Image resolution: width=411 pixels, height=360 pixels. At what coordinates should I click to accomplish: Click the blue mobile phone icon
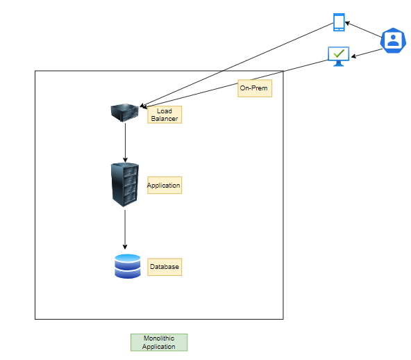coord(339,22)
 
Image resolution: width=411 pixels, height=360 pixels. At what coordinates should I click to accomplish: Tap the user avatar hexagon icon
coord(393,40)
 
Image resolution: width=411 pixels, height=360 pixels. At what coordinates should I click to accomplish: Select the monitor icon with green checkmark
coord(338,56)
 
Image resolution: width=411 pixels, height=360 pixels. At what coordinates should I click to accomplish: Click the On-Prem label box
coord(255,88)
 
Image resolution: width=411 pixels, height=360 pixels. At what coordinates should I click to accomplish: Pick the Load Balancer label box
coord(165,115)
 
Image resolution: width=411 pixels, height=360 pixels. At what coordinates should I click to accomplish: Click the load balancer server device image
coord(124,113)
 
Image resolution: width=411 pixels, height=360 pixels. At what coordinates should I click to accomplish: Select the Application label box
coord(165,186)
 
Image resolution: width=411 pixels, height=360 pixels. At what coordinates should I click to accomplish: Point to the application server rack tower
coord(125,184)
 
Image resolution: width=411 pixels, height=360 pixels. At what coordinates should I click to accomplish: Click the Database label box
coord(165,267)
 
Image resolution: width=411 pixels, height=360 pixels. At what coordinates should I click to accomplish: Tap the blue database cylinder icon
coord(128,266)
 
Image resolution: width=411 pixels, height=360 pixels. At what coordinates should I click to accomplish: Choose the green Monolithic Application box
coord(159,343)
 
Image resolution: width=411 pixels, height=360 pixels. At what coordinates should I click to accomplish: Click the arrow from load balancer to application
coord(125,142)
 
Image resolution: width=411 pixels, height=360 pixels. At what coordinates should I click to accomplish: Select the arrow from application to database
coord(125,229)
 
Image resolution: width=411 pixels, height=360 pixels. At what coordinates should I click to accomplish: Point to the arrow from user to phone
coord(363,30)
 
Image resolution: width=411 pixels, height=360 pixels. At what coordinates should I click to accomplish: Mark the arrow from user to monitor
coord(367,53)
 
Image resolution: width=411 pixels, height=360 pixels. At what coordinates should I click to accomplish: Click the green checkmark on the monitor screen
coord(339,54)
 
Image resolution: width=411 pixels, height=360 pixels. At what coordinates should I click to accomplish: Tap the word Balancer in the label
coord(165,119)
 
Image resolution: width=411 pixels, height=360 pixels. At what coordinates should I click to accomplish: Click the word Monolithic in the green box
coord(159,338)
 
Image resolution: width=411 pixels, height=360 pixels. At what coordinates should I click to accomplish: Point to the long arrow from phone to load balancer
coord(237,65)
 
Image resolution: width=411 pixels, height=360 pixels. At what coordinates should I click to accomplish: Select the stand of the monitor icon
coord(338,64)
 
